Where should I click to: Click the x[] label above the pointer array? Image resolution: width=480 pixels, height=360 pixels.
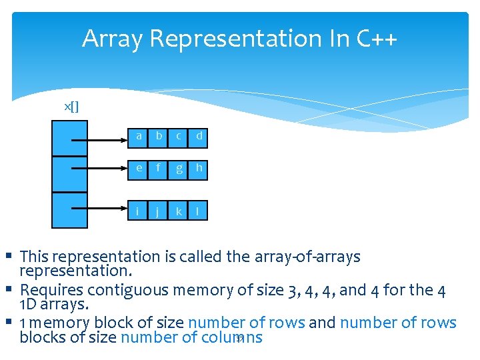coord(71,107)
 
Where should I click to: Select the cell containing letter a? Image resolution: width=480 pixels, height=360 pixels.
coord(139,137)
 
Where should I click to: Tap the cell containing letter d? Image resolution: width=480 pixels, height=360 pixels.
coord(199,137)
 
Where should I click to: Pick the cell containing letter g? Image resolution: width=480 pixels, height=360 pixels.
coord(179,169)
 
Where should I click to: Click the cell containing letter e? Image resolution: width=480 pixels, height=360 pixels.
coord(139,169)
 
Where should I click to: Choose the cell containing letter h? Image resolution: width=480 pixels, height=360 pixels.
coord(199,169)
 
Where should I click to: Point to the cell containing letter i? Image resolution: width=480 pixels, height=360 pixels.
coord(139,212)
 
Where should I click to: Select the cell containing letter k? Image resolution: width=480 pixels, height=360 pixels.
coord(179,212)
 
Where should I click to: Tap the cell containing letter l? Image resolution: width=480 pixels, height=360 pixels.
coord(199,212)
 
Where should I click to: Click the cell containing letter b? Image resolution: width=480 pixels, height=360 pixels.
coord(159,137)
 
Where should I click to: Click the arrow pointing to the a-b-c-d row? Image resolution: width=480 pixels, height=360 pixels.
coord(100,140)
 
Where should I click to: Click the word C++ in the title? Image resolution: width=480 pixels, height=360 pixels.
coord(377,39)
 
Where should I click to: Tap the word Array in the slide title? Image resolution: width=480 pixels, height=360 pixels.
coord(112,39)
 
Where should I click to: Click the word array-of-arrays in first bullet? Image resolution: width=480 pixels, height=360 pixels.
coord(311,257)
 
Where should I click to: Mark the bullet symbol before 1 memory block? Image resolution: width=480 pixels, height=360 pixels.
coord(9,322)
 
